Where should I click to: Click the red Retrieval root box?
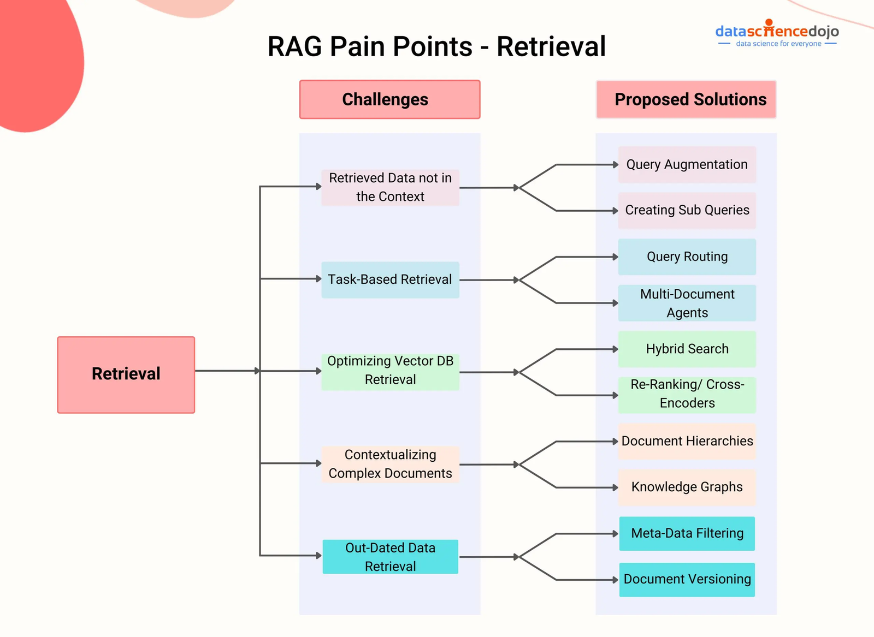tap(126, 374)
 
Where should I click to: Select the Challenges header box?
tap(389, 99)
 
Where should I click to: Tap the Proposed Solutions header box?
tap(686, 99)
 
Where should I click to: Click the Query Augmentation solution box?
tap(687, 164)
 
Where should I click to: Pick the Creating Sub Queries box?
tap(687, 210)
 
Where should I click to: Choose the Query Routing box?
tap(687, 257)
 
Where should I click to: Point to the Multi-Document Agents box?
tap(687, 303)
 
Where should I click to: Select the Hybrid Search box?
tap(687, 349)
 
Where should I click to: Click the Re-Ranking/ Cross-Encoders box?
tap(687, 394)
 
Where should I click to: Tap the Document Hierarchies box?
tap(687, 441)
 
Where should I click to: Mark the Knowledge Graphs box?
tap(687, 487)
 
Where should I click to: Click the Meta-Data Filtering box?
tap(687, 533)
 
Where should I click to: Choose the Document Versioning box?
tap(687, 579)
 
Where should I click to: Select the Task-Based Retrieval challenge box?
tap(390, 279)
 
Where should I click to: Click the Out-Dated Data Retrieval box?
tap(390, 557)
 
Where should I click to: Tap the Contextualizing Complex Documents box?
tap(390, 464)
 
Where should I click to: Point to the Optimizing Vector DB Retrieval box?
tap(390, 371)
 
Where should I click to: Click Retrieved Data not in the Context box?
tap(390, 187)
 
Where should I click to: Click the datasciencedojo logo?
tap(777, 34)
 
